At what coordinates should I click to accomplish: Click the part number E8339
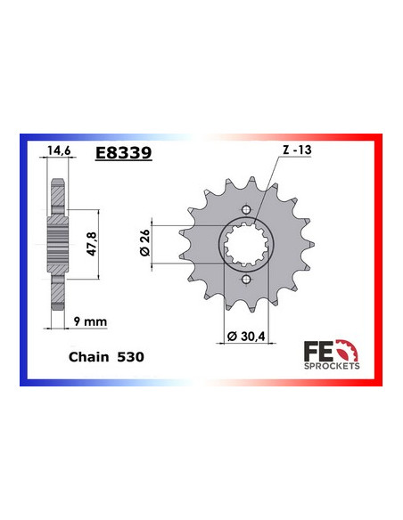tap(123, 152)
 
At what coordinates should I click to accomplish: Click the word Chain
tap(87, 355)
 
